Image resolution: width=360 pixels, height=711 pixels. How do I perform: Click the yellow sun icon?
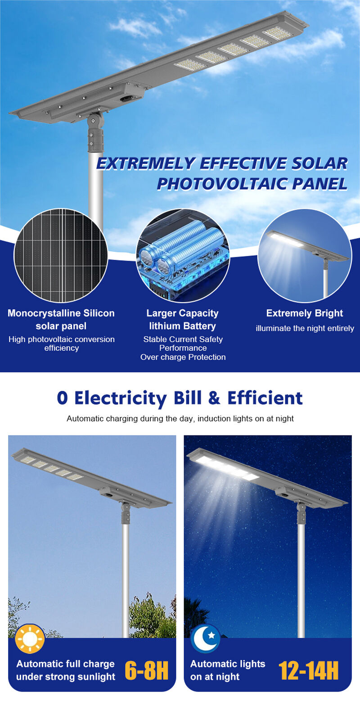click(x=30, y=639)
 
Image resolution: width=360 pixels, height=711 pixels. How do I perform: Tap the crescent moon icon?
click(x=205, y=639)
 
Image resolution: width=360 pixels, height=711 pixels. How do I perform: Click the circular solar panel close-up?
click(x=61, y=255)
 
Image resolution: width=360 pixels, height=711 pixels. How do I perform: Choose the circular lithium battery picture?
click(x=183, y=255)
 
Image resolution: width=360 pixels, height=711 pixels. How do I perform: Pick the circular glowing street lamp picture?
click(x=305, y=255)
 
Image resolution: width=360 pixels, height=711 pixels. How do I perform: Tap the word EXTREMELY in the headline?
click(x=146, y=163)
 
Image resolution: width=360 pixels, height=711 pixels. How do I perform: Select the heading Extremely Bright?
click(x=305, y=313)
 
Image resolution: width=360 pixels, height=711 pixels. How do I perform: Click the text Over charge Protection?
click(x=183, y=357)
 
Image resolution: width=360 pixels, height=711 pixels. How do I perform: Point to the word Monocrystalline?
click(x=44, y=313)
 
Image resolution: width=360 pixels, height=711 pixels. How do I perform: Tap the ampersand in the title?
click(x=214, y=398)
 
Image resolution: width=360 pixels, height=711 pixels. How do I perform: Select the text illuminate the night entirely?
click(x=305, y=328)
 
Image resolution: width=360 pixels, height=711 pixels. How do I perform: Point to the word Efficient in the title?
click(x=265, y=398)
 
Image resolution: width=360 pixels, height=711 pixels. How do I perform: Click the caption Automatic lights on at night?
click(x=227, y=670)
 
